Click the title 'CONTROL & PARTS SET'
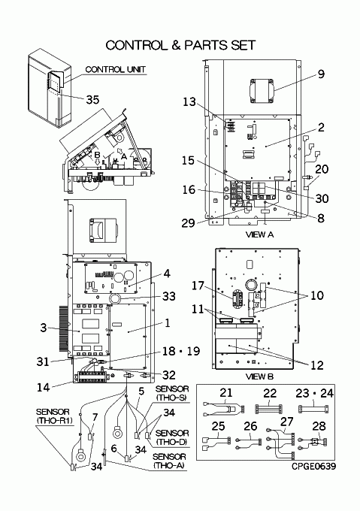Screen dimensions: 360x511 (180, 45)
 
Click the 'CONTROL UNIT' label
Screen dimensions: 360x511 (115, 69)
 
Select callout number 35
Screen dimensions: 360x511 (92, 99)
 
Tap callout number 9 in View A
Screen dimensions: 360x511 (321, 74)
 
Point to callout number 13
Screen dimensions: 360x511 (189, 102)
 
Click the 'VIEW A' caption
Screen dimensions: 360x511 (259, 234)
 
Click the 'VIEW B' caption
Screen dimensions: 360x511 (259, 376)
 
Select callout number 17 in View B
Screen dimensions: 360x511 (198, 286)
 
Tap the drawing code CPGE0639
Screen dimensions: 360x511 (313, 467)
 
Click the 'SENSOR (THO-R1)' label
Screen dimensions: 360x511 (54, 416)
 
